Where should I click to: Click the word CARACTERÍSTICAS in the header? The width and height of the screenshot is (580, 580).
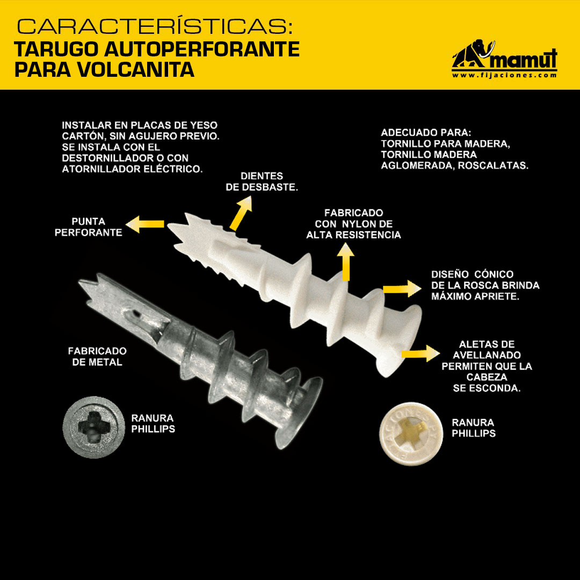pos(154,27)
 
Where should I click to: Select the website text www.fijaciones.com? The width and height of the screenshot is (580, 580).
pos(504,75)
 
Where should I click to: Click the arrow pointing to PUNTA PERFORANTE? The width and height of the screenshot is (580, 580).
pos(144,224)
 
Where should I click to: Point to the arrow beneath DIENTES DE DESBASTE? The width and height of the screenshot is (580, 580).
pos(241,213)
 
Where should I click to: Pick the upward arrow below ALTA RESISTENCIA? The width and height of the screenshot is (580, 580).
pos(345,262)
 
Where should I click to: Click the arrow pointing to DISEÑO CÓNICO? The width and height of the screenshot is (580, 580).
pos(402,288)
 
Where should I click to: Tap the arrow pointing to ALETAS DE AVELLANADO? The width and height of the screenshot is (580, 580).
pos(421,353)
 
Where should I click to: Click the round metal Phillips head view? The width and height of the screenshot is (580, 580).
pos(93,427)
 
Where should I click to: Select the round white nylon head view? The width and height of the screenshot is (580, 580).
pos(411,434)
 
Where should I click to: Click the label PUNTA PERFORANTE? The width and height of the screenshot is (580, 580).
pos(89,227)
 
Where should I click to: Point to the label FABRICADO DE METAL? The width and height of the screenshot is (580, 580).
pos(97,356)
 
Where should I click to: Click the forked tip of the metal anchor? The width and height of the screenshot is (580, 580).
pos(83,284)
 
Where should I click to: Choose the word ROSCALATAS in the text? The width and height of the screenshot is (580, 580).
pos(493,165)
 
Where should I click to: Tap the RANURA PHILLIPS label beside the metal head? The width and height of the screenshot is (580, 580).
pos(153,424)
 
